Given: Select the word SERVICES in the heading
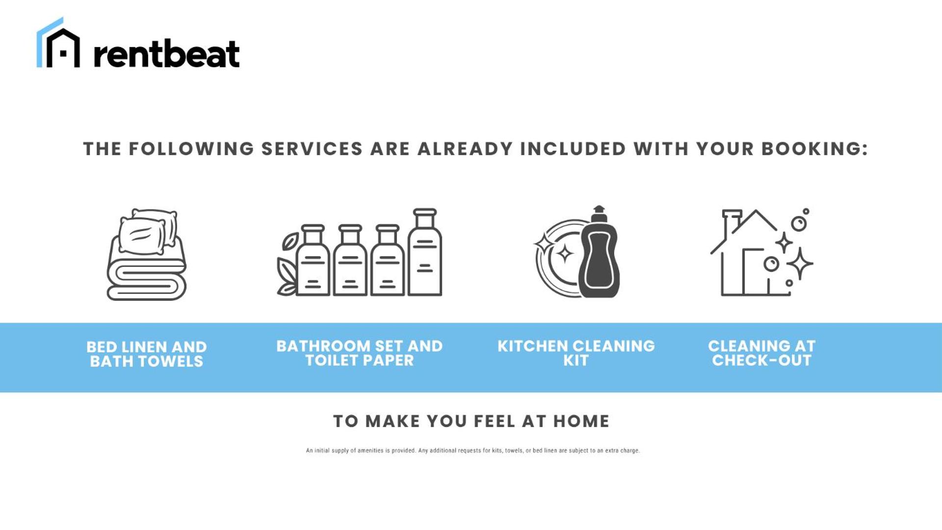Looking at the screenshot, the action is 312,149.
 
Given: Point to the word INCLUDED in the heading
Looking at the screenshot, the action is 573,149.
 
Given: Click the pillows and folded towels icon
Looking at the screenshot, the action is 147,254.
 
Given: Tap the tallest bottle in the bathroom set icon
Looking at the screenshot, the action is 425,252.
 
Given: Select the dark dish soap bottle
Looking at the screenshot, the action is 599,252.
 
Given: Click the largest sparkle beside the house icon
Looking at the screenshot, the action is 800,264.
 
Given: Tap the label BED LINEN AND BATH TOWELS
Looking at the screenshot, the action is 147,354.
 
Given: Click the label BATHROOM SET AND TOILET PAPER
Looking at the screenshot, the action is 360,353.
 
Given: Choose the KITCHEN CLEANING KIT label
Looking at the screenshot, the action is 576,353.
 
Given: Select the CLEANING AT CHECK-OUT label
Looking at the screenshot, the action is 762,353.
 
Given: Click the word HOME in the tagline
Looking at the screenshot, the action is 581,421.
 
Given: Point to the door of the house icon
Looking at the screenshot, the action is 744,272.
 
